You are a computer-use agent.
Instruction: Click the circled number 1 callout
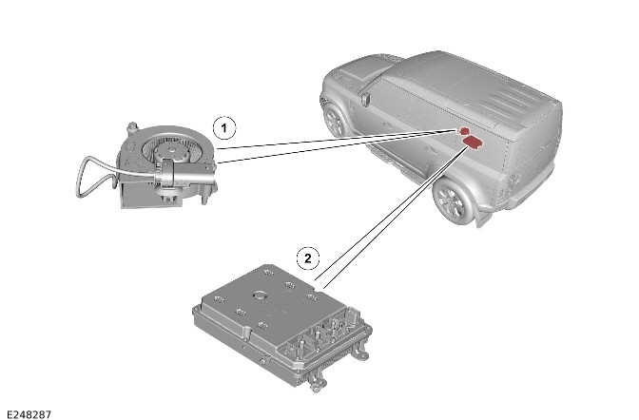tap(224, 128)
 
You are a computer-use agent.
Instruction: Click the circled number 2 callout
tap(308, 258)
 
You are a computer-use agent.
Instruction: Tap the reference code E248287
tap(29, 414)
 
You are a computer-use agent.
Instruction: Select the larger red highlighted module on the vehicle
tap(473, 143)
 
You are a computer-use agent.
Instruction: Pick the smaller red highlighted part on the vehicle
tap(463, 131)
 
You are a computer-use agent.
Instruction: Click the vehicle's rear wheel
tap(452, 201)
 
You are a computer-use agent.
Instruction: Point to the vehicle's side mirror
tap(365, 99)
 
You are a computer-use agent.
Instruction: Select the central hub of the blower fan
tap(168, 152)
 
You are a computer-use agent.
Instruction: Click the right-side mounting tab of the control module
tap(362, 353)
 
